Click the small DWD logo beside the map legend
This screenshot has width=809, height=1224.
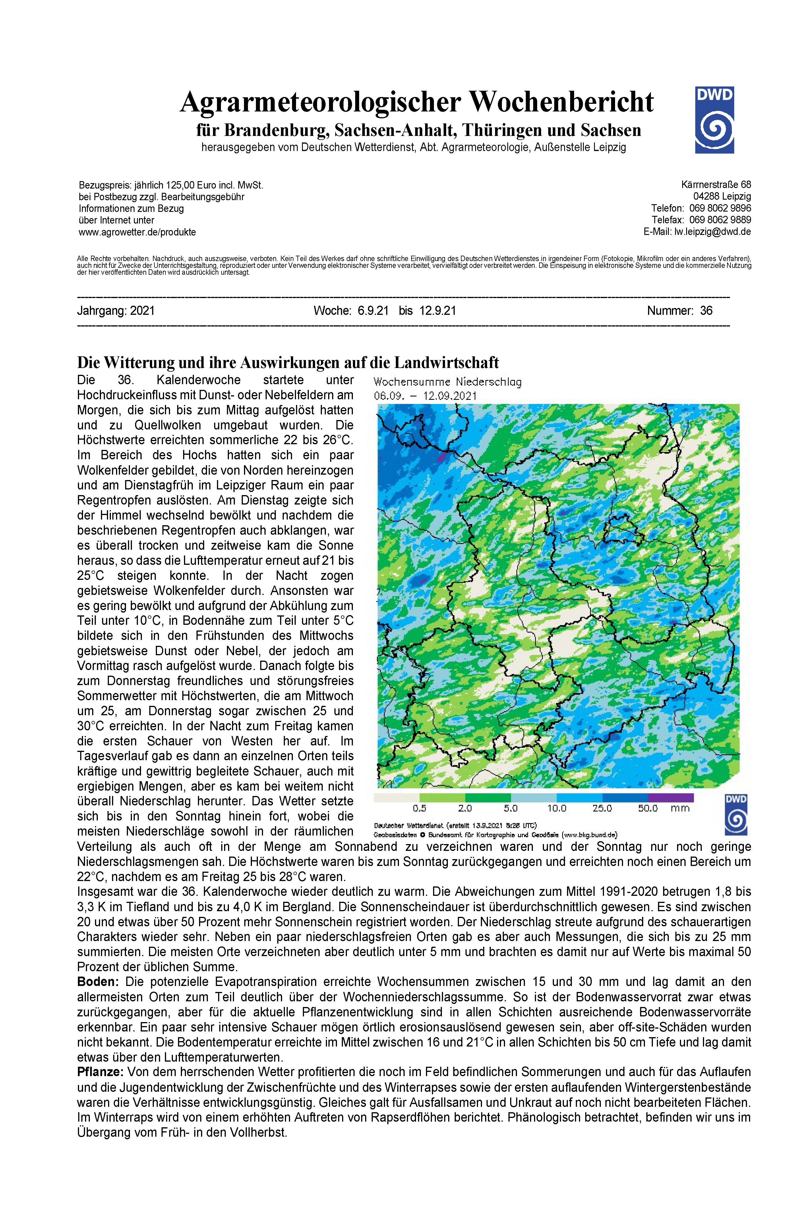coord(736,814)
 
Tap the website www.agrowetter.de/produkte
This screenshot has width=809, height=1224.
coord(137,232)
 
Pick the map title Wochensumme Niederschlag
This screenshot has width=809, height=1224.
coord(447,383)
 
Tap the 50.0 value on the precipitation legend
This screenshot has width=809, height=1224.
coord(647,809)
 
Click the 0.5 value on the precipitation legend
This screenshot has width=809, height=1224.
coord(419,809)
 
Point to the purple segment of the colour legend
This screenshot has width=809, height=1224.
coord(671,798)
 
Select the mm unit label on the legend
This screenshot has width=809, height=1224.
coord(680,809)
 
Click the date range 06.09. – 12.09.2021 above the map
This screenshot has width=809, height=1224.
coord(425,396)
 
